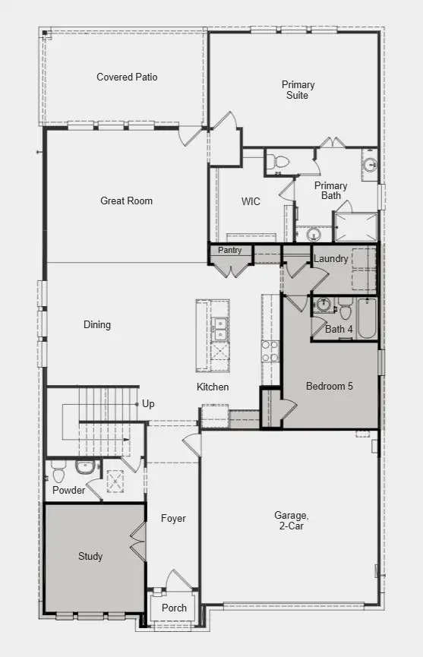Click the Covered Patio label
[x=127, y=77]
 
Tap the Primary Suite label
[x=298, y=90]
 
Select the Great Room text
[x=126, y=201]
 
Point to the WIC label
[x=251, y=201]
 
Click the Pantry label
[x=229, y=250]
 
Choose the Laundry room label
[x=330, y=258]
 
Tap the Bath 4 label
[x=339, y=329]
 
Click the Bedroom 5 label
[x=329, y=386]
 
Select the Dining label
[x=97, y=324]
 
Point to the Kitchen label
[x=213, y=387]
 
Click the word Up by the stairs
[x=148, y=403]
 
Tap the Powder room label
[x=68, y=490]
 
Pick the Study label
[x=90, y=556]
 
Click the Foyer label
[x=173, y=518]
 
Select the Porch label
[x=174, y=608]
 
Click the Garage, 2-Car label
[x=289, y=520]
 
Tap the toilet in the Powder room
[x=58, y=473]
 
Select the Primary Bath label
[x=330, y=191]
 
